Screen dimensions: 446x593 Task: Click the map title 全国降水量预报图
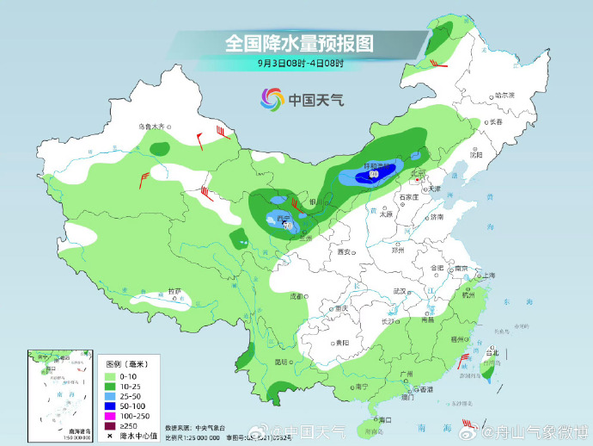[x=299, y=42]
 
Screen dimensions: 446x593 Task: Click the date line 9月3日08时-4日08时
[x=300, y=63]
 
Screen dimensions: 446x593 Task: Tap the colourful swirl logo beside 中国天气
[x=272, y=100]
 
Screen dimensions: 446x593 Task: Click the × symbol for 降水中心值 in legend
[x=111, y=435]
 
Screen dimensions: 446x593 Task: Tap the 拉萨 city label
[x=174, y=291]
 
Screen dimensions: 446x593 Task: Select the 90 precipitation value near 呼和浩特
[x=374, y=175]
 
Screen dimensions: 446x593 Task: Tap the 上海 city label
[x=489, y=275]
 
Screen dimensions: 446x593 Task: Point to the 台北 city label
[x=492, y=352]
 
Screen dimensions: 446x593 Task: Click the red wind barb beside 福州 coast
[x=463, y=358]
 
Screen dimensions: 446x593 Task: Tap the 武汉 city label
[x=398, y=291]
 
